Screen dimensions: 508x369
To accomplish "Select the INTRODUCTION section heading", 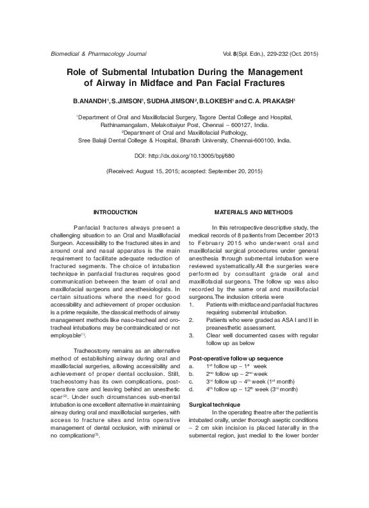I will click(x=115, y=212).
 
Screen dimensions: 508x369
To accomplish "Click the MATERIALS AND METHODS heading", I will click(x=254, y=212).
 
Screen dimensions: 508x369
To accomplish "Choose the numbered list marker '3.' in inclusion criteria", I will click(x=192, y=334).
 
